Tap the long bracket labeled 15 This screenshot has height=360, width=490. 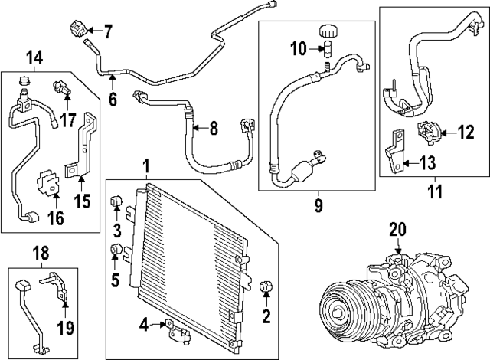pos(90,146)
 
